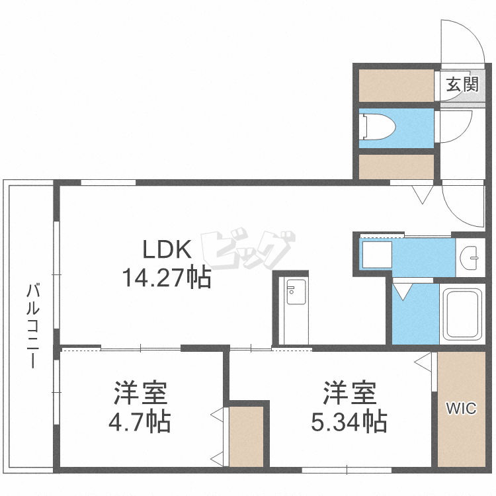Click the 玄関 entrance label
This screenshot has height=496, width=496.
(462, 84)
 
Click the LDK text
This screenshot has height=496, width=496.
(168, 250)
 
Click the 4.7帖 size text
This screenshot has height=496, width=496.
(139, 421)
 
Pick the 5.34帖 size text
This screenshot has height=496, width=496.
(349, 421)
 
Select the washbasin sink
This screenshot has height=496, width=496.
(471, 256)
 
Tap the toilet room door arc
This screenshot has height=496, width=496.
(456, 126)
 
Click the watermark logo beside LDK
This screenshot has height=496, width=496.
(248, 251)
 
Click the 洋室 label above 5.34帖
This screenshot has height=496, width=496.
(349, 393)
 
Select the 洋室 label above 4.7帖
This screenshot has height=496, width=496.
(139, 393)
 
